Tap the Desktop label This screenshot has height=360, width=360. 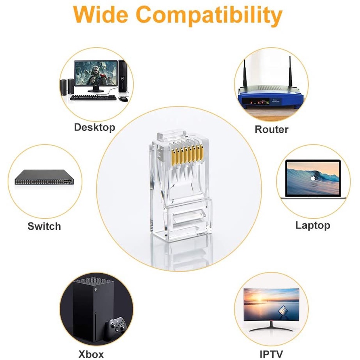click(x=94, y=128)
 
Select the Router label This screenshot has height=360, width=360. click(x=271, y=130)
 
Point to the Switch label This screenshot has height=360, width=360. click(x=44, y=226)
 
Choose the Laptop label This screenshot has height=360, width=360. click(x=312, y=225)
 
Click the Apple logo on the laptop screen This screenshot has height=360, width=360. click(x=312, y=177)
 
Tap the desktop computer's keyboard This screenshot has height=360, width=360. click(x=93, y=97)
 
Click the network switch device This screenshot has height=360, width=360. click(x=45, y=177)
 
